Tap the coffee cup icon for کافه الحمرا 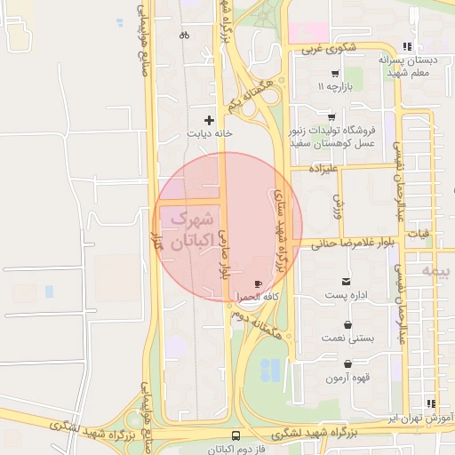coord(258,284)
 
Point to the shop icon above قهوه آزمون coord(346,363)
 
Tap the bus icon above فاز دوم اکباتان coord(235,435)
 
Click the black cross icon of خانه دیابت coord(210,119)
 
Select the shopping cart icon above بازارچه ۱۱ coord(334,74)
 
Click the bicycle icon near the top coord(184,36)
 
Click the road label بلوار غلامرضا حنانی coord(352,242)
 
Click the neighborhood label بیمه coord(436,268)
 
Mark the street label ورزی coord(338,206)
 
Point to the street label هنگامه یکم coord(246,93)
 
